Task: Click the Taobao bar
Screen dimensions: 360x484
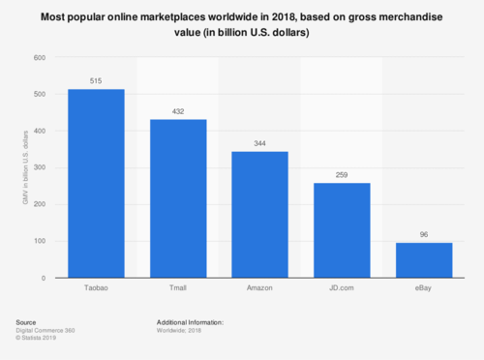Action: [96, 184]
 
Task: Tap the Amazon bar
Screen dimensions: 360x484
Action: [259, 215]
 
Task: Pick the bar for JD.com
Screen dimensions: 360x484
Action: [342, 230]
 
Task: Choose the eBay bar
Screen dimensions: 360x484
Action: [424, 260]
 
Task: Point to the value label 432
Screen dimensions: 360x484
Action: [178, 112]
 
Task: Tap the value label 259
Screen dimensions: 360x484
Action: [342, 175]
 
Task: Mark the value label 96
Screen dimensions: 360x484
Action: [424, 235]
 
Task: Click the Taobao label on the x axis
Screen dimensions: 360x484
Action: [96, 289]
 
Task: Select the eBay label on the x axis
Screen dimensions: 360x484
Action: [424, 289]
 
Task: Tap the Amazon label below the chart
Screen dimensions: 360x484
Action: [259, 289]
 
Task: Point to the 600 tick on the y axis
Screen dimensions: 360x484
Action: [39, 57]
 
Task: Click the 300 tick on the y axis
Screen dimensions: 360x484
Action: [39, 167]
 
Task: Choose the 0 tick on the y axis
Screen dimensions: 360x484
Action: [44, 278]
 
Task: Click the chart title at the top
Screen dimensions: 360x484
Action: [242, 24]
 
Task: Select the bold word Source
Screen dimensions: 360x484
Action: [26, 322]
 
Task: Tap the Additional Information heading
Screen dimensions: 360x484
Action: [190, 322]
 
